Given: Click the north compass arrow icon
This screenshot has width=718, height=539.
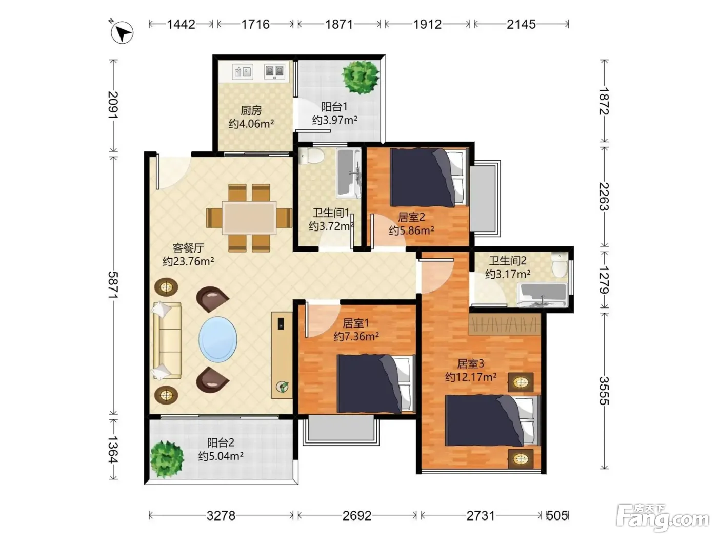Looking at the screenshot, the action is pos(122,32).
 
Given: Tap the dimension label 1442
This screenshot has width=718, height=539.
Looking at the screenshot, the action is pos(181,24).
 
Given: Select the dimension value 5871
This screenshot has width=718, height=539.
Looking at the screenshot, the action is pos(113,285).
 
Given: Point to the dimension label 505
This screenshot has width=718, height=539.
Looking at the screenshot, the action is pos(557,516).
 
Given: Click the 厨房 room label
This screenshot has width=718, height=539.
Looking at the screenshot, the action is pos(251,110).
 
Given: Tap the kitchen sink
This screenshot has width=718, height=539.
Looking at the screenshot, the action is pos(243,72).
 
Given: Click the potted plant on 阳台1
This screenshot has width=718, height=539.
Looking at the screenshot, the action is pos(361,77).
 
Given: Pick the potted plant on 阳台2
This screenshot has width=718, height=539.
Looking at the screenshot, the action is pos(167,459).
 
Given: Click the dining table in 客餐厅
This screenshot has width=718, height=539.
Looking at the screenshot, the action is pos(249,218).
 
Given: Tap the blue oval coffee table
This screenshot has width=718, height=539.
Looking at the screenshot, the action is pos(218,339).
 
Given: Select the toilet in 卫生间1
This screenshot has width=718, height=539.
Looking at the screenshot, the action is pos(312,156).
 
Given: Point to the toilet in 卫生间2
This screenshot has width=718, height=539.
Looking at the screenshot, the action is pos(560,265).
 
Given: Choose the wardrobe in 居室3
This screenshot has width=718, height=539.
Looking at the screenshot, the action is pos(504,324).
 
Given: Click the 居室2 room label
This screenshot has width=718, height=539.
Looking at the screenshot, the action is pos(411,217).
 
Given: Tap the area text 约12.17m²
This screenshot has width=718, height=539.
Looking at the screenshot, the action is pos(471,377).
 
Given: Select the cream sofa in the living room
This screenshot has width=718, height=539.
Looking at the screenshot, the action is pos(167,340).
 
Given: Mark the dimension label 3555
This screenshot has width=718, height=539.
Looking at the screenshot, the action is pos(604,391).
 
